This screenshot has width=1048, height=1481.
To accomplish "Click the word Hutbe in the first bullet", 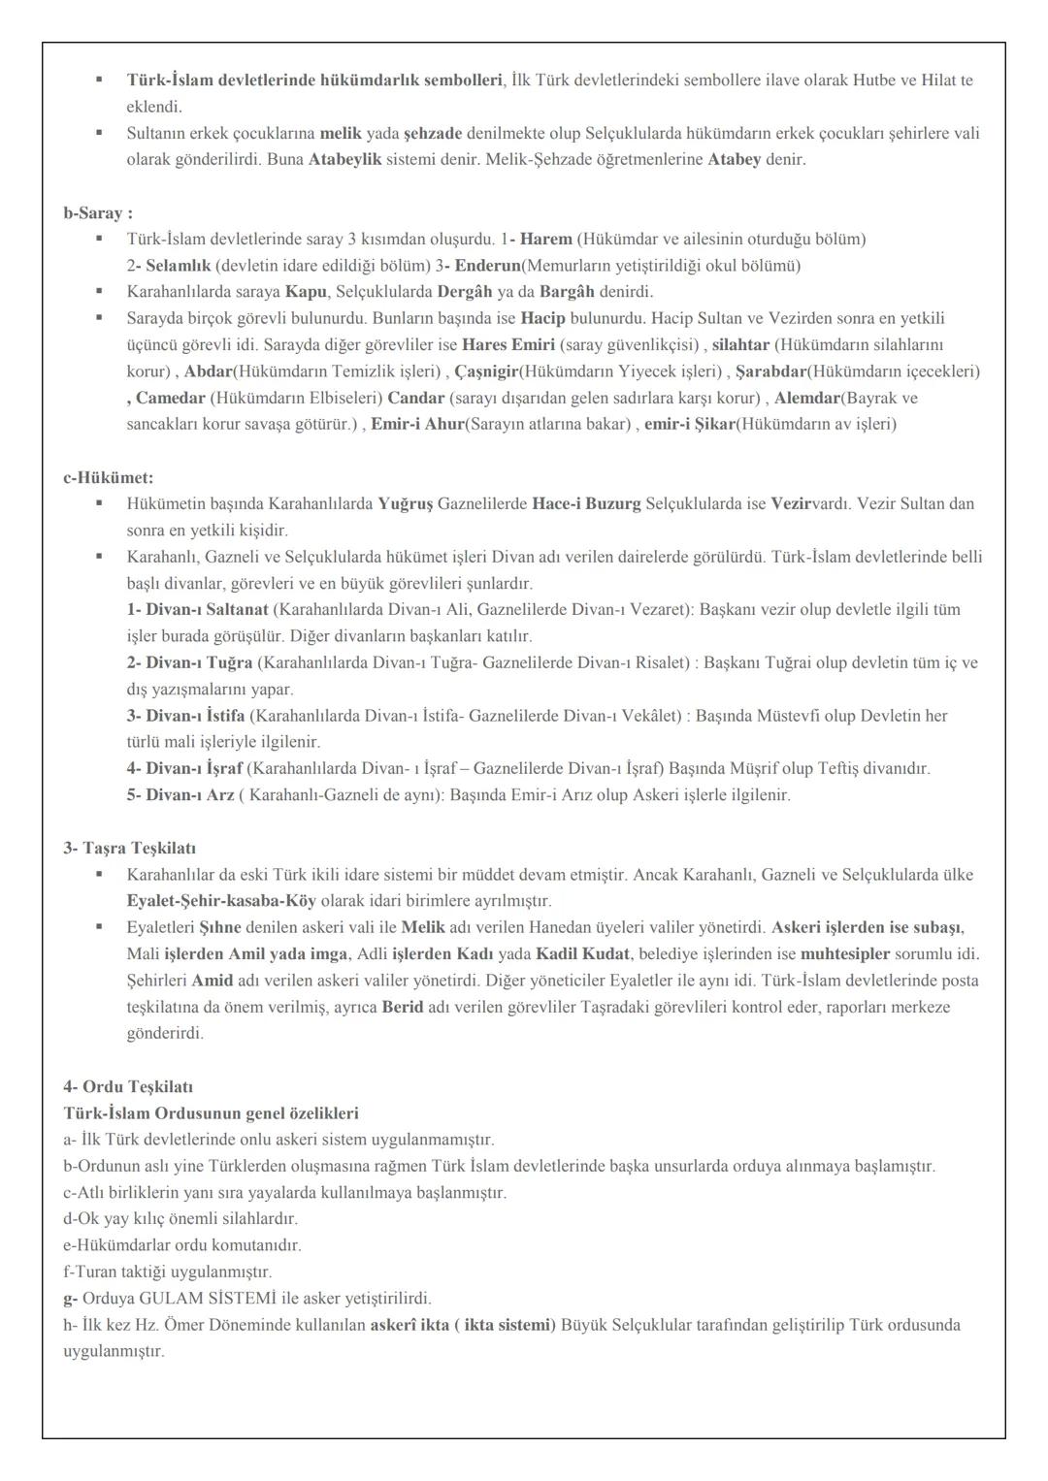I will pyautogui.click(x=872, y=80).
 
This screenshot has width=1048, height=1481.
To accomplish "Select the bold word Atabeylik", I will pyautogui.click(x=345, y=159).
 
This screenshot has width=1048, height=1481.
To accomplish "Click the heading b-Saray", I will pyautogui.click(x=98, y=212).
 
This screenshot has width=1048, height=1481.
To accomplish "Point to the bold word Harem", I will pyautogui.click(x=546, y=239).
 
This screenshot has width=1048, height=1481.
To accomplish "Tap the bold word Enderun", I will pyautogui.click(x=488, y=265).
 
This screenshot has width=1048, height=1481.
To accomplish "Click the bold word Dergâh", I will pyautogui.click(x=465, y=291).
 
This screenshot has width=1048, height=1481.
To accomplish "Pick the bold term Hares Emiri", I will pyautogui.click(x=508, y=344).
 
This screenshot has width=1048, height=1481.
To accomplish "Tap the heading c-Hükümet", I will pyautogui.click(x=109, y=477).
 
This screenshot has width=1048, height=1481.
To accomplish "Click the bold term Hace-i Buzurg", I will pyautogui.click(x=586, y=503).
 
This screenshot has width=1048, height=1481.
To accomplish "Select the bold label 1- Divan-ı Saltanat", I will pyautogui.click(x=198, y=609).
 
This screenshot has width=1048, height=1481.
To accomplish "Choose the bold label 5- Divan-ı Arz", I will pyautogui.click(x=180, y=794).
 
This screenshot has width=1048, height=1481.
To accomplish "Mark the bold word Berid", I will pyautogui.click(x=403, y=1007).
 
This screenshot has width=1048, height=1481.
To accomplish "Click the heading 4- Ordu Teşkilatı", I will pyautogui.click(x=121, y=1086).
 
